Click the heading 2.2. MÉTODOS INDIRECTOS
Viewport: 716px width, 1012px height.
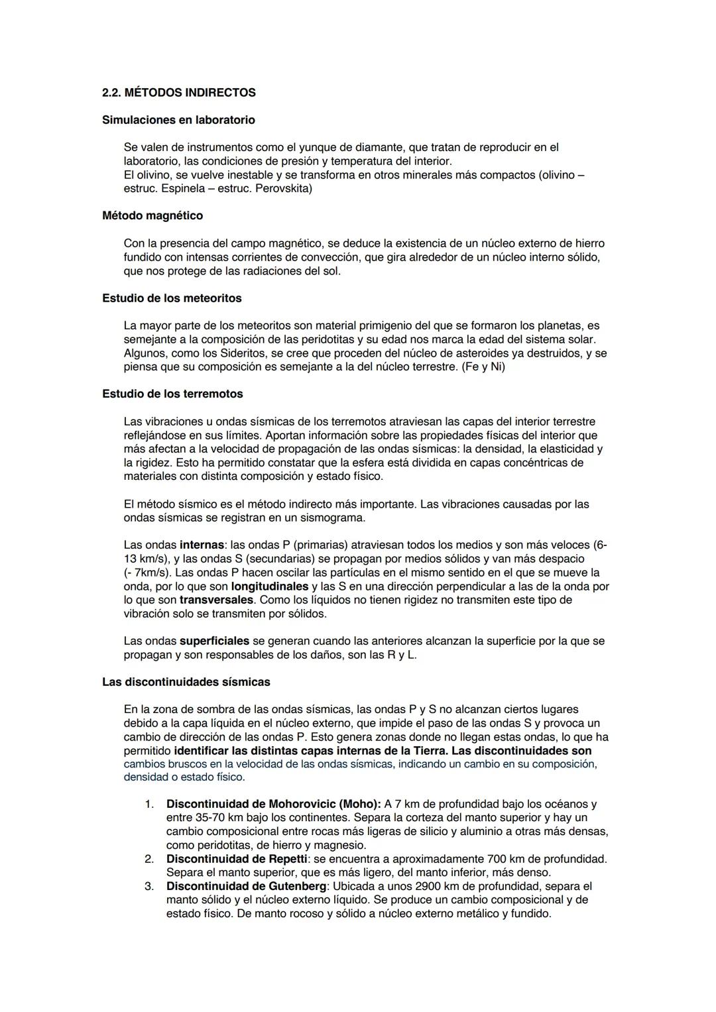click(178, 93)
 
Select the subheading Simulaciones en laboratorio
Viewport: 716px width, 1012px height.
click(178, 120)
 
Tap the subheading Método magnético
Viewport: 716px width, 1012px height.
click(152, 215)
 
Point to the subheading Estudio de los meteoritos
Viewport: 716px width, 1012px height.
click(172, 298)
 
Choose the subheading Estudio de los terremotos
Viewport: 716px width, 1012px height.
click(172, 394)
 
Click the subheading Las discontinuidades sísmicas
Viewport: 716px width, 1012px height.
click(186, 681)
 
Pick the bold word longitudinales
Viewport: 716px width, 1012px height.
click(270, 587)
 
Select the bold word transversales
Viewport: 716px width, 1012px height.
click(216, 600)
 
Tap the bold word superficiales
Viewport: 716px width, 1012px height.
click(214, 641)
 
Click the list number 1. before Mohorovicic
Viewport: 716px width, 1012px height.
click(149, 804)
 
